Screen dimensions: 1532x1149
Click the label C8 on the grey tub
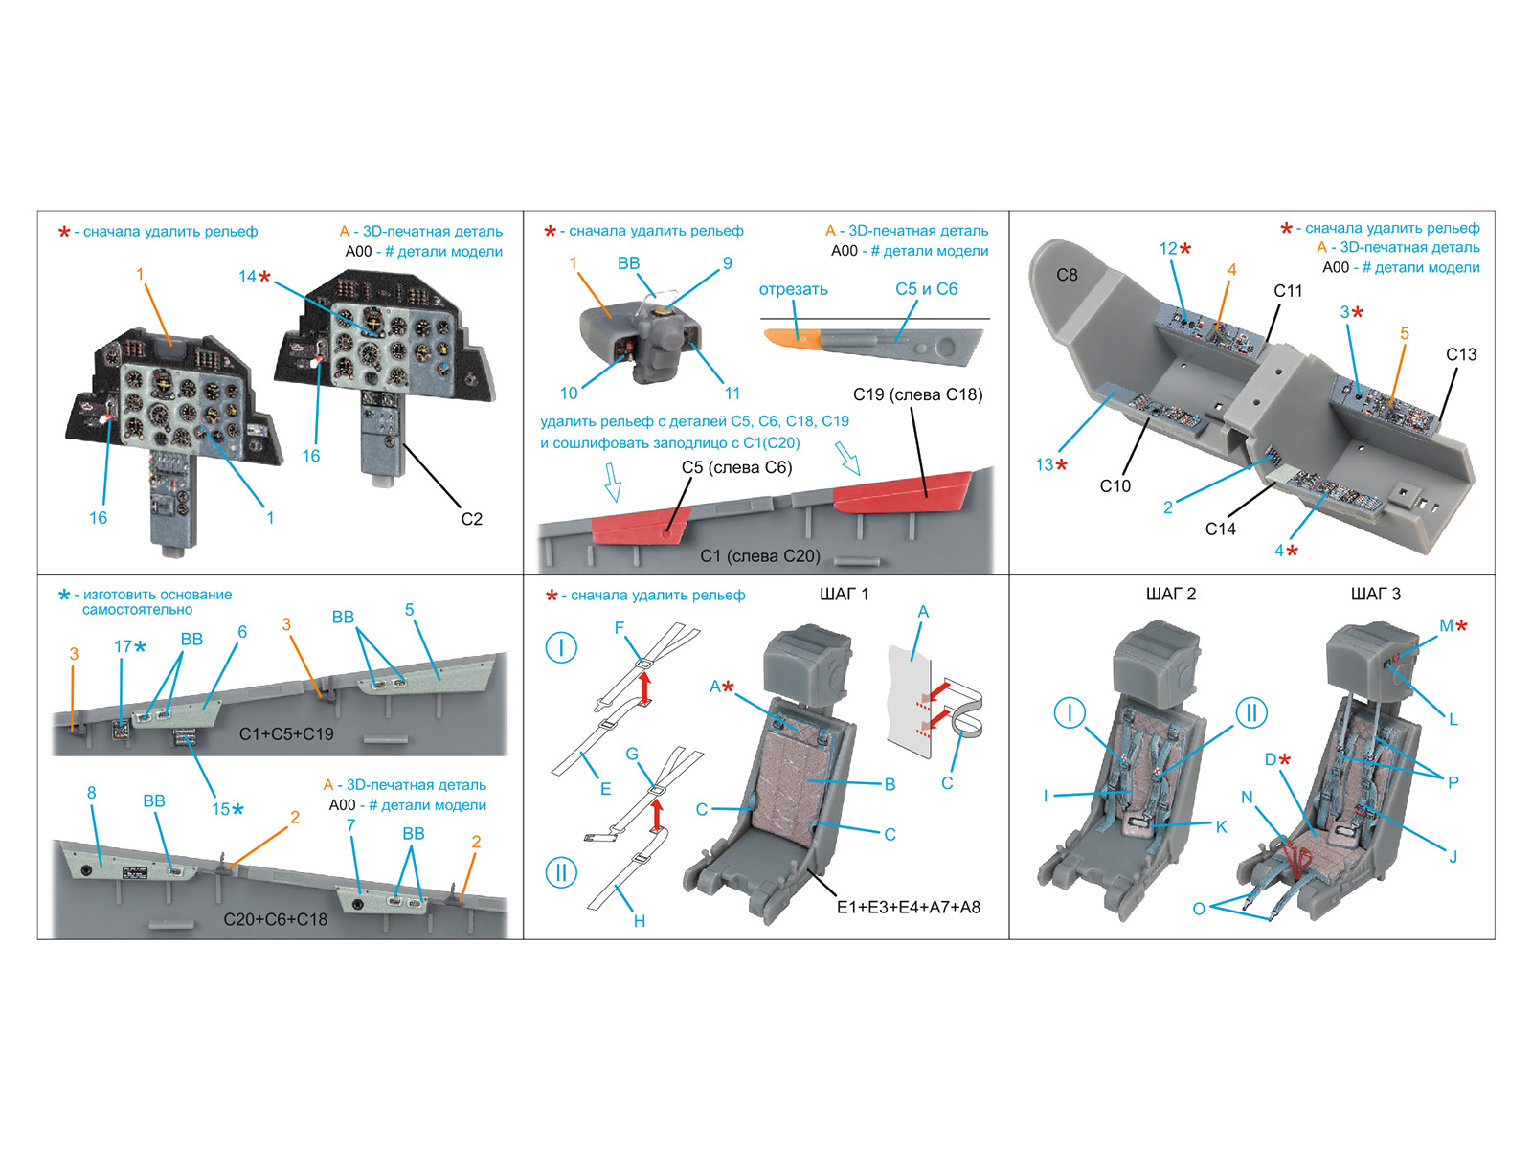click(x=1067, y=275)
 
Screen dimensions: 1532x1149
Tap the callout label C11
click(x=1288, y=290)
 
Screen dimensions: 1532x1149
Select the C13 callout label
click(x=1461, y=354)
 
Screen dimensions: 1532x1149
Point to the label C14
click(x=1220, y=529)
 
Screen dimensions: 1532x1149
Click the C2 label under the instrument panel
click(x=471, y=519)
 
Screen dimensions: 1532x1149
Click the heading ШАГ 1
click(x=844, y=595)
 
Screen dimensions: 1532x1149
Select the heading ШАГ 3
click(x=1375, y=595)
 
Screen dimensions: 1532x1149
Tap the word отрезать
click(x=793, y=289)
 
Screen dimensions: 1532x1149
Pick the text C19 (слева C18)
click(x=917, y=394)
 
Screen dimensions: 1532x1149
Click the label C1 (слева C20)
click(x=759, y=556)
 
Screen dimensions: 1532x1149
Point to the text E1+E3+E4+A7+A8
click(x=908, y=907)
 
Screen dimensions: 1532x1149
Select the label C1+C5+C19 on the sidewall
click(x=286, y=734)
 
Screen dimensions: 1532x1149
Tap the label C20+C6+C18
click(x=275, y=919)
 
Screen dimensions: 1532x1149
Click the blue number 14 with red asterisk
click(x=255, y=277)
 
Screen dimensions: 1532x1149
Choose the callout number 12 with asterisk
click(x=1175, y=249)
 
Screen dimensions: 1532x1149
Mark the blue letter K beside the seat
click(x=1221, y=826)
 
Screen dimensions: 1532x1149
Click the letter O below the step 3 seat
click(x=1199, y=909)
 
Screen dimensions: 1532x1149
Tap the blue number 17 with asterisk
click(x=130, y=647)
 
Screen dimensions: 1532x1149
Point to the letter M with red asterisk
click(x=1453, y=626)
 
